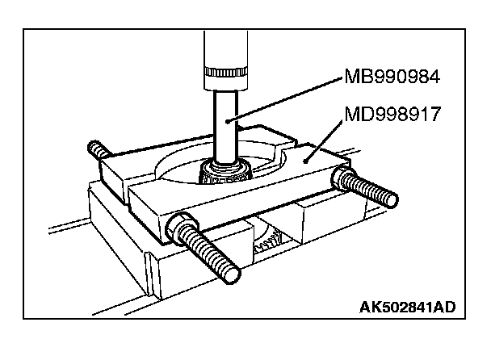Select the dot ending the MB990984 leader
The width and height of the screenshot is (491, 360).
coord(229,119)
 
